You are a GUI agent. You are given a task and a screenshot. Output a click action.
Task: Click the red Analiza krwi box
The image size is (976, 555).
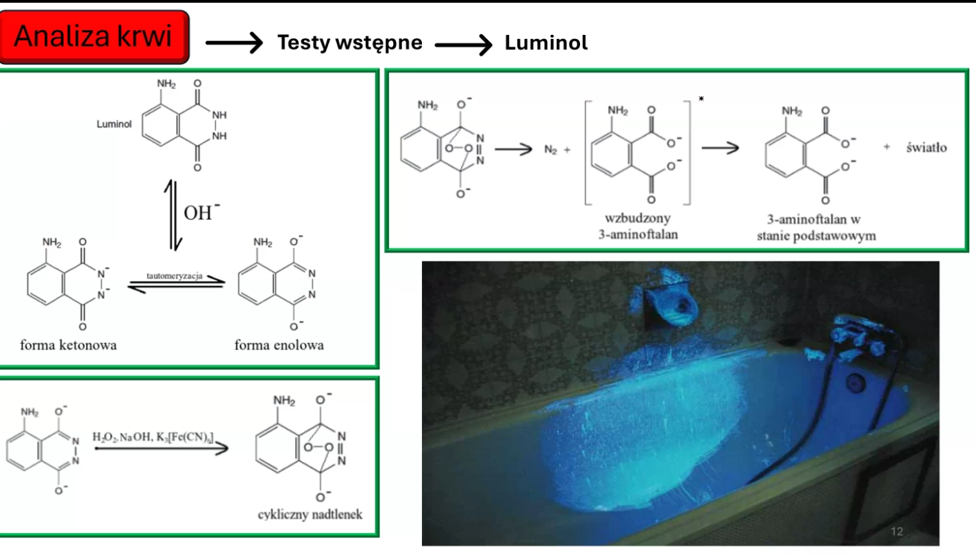pos(94,36)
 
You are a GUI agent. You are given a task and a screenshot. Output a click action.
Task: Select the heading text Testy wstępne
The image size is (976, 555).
pos(349,43)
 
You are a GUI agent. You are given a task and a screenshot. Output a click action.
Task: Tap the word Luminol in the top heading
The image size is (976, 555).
pos(546,43)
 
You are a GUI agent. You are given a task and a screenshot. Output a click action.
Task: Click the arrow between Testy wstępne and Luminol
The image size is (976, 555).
pos(463,44)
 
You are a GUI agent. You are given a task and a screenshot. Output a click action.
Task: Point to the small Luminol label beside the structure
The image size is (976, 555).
pos(114,125)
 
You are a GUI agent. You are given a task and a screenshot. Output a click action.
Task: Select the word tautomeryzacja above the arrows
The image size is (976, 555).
pos(175,276)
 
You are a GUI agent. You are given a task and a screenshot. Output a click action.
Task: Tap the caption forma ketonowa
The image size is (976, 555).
pos(68,345)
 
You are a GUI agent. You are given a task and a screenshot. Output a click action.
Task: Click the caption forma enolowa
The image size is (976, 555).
pos(279,345)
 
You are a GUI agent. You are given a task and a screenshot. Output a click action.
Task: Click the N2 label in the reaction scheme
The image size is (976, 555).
pos(551,150)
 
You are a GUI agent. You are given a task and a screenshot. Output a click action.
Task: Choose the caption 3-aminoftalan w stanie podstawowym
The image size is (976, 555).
pos(816,227)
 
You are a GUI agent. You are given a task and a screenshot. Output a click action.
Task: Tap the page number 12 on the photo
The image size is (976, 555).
pos(897,532)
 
